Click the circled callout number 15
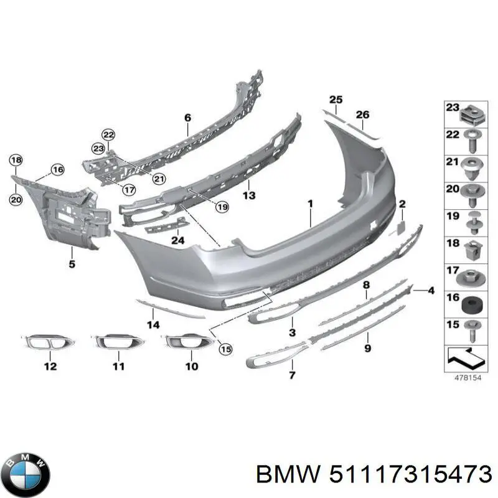click(x=225, y=349)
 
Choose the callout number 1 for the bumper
click(x=309, y=203)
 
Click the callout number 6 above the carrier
click(x=187, y=117)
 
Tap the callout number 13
click(x=249, y=195)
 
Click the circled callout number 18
click(x=16, y=161)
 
